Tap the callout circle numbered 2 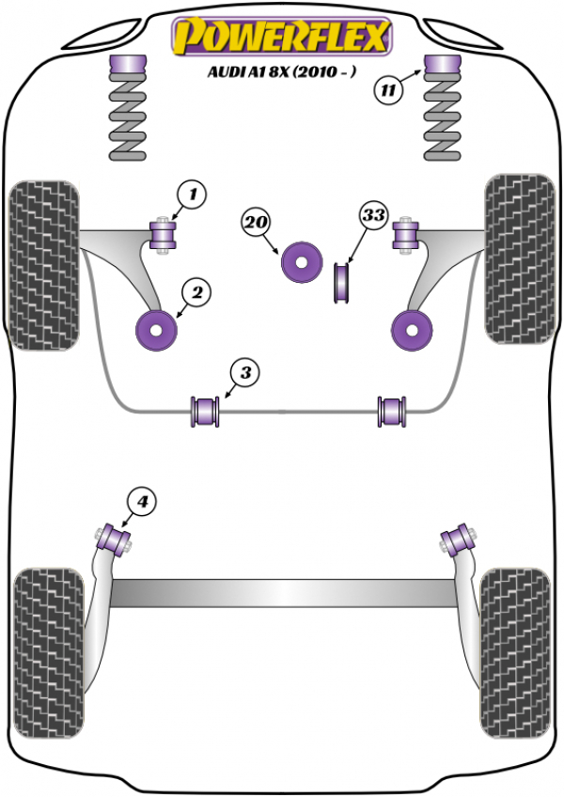tap(197, 294)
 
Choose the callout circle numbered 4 tap(142, 503)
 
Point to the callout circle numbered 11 tap(388, 91)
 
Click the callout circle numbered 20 tap(256, 224)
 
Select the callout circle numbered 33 tap(373, 216)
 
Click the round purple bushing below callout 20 tap(302, 262)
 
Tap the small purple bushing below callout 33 tap(341, 284)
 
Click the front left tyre tap(41, 263)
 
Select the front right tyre tap(517, 257)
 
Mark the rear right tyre tap(514, 644)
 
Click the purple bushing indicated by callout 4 tap(117, 539)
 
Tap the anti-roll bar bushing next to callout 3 tap(204, 411)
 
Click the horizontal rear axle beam tap(282, 593)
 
